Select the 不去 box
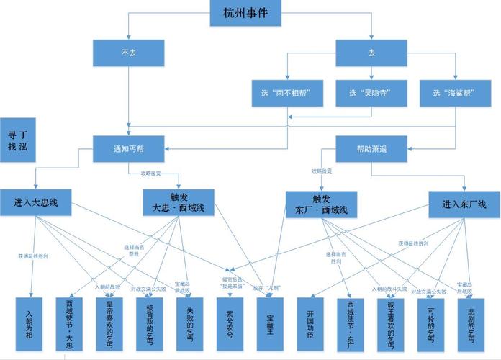(129, 53)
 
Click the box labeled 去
(371, 53)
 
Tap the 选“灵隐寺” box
(371, 93)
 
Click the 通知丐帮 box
(129, 149)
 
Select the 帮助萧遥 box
(371, 149)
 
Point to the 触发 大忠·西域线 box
(179, 203)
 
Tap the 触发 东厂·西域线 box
(322, 204)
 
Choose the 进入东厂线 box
(465, 204)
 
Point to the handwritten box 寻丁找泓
(17, 140)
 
